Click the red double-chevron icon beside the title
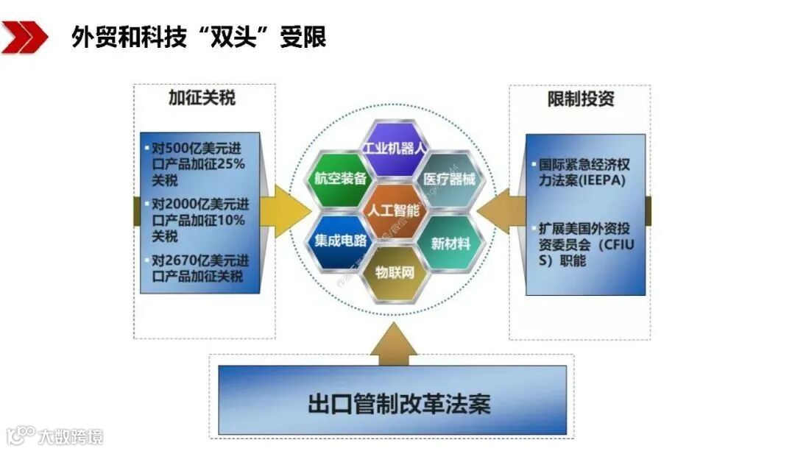pos(24,37)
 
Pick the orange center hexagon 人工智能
pos(395,210)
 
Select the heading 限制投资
pos(581,99)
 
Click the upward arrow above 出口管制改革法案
pos(393,345)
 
